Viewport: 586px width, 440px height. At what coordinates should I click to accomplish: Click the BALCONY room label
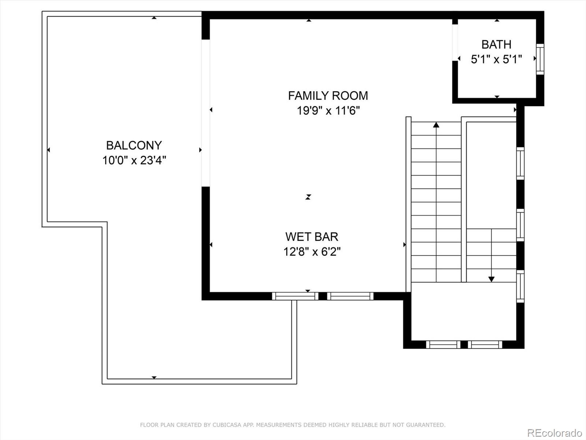point(134,146)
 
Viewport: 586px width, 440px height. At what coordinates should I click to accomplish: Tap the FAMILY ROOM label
point(328,96)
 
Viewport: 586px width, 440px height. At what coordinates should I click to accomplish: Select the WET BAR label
point(312,237)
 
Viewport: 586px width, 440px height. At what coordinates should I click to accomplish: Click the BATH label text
point(496,44)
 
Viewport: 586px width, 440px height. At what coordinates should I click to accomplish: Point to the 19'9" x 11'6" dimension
point(329,110)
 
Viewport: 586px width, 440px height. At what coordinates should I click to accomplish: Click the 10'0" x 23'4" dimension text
point(134,160)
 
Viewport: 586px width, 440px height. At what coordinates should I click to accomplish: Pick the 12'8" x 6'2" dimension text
point(312,252)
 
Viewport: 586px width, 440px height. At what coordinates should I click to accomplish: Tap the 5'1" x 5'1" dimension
point(496,59)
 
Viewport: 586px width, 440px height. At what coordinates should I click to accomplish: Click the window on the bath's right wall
point(540,59)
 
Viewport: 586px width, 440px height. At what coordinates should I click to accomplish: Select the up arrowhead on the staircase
point(436,125)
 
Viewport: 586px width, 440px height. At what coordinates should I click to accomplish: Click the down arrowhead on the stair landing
point(492,279)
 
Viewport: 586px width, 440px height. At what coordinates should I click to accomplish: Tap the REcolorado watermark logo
point(555,432)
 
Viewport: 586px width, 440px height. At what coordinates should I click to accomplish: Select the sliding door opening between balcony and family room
point(205,113)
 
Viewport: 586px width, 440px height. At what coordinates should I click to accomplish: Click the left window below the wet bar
point(295,296)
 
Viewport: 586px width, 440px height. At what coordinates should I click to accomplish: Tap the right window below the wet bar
point(350,296)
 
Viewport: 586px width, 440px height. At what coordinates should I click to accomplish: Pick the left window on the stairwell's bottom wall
point(443,345)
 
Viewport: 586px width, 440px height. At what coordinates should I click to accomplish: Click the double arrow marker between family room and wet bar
point(308,197)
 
